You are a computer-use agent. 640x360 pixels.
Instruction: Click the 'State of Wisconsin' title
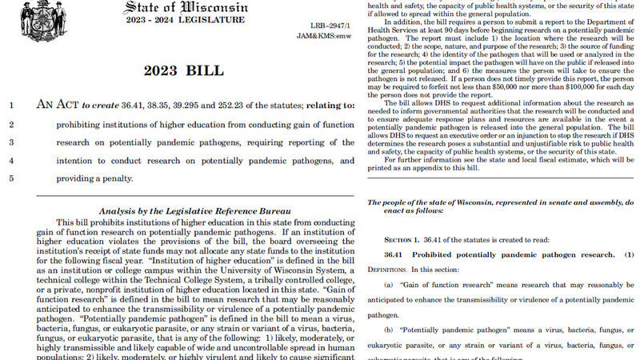click(186, 7)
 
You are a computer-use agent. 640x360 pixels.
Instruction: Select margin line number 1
click(11, 105)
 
